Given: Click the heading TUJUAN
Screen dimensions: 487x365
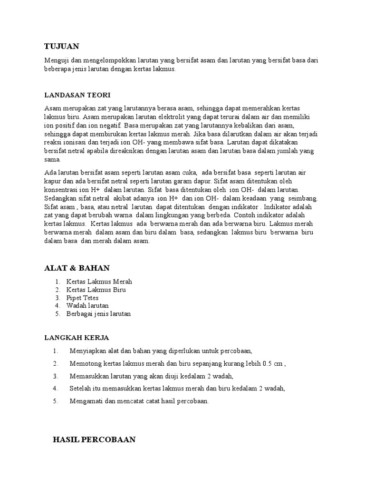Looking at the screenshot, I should point(61,46).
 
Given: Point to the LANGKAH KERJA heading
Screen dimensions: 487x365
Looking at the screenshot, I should point(77,338).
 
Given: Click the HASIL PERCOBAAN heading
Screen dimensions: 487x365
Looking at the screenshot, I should point(94,440).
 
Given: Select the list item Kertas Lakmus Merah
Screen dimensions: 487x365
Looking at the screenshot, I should point(99,282).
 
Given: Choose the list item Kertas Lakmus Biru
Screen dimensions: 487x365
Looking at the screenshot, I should point(96,290).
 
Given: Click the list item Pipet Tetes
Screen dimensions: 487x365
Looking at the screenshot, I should point(82,298).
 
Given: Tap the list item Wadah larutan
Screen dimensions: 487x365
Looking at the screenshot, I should point(87,306).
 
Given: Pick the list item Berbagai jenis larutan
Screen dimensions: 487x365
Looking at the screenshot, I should point(98,314).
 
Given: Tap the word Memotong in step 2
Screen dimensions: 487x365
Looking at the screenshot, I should point(85,364).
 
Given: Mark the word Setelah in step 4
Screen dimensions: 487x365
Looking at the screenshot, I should point(80,389).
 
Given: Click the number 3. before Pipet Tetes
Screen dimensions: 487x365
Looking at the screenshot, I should point(57,298).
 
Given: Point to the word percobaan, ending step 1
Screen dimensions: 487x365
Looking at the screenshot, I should point(233,351).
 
